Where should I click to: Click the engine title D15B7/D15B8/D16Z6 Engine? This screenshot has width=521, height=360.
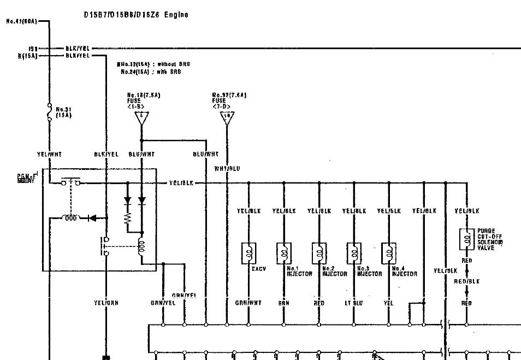pos(135,15)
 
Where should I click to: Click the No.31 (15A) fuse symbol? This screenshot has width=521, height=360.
pos(49,113)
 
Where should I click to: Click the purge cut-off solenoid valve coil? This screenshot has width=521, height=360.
pos(466,238)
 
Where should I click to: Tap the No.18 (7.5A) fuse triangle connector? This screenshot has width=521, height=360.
pos(141,117)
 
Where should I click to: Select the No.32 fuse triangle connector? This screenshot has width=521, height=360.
pos(227,117)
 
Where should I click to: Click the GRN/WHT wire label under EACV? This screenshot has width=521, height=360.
pos(249,303)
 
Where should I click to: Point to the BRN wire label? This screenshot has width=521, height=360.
pos(284,303)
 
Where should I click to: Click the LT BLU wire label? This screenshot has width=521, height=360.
pos(354,303)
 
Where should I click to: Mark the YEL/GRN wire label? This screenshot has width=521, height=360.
pos(106,303)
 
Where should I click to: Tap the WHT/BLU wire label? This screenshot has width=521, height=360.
pos(227,169)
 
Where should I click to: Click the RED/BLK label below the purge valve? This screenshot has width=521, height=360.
pos(466,282)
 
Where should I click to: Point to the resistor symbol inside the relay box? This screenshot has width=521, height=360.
pos(127,219)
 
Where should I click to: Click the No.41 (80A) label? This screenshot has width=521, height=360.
pos(22,22)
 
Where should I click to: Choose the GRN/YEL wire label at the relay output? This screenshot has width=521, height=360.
pos(162,303)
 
